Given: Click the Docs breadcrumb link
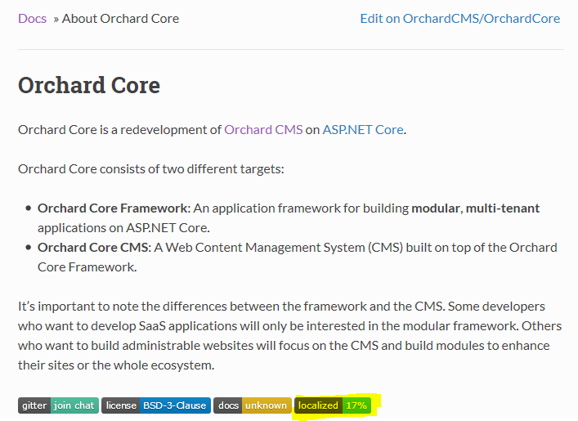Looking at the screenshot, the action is click(x=33, y=19).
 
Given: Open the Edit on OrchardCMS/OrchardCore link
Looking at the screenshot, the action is click(x=460, y=19).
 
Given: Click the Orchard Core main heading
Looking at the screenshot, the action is click(x=89, y=85).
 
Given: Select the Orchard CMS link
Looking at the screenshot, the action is click(x=263, y=130).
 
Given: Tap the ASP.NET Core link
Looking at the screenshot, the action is click(x=363, y=130).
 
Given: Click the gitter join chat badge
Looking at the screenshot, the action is click(x=58, y=405).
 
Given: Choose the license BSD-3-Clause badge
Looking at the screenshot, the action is click(x=156, y=405).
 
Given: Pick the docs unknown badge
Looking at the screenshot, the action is click(x=253, y=405).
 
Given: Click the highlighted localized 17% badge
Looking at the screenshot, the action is click(x=333, y=405).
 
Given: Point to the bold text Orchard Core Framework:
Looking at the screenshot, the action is click(x=114, y=208).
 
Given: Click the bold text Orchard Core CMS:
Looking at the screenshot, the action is click(x=94, y=248).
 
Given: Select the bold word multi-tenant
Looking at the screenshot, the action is click(x=503, y=208).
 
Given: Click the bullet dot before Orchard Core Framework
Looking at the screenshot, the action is click(x=29, y=208).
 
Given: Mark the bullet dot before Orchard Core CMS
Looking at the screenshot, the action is click(x=29, y=248).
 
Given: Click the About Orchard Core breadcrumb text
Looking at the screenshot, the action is click(x=120, y=19).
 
